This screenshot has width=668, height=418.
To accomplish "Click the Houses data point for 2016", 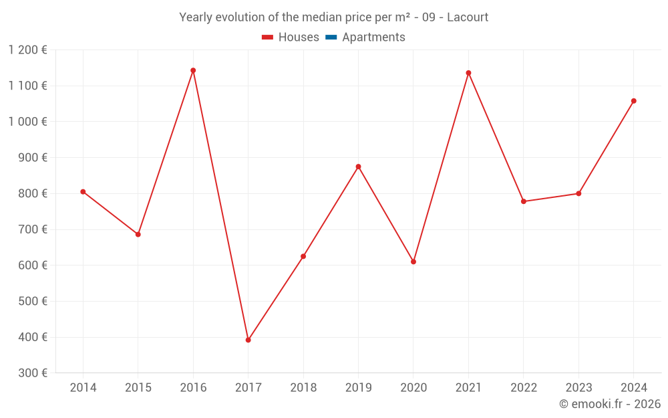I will pyautogui.click(x=193, y=70).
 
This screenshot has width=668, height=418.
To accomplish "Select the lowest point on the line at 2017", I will pyautogui.click(x=248, y=340).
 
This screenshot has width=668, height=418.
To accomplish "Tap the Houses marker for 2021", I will pyautogui.click(x=468, y=73).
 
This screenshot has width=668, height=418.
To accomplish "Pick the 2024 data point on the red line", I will pyautogui.click(x=633, y=101).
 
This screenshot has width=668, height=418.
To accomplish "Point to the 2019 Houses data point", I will pyautogui.click(x=358, y=167).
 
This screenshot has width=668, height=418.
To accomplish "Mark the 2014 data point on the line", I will pyautogui.click(x=83, y=192).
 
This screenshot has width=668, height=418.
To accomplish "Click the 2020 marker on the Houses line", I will pyautogui.click(x=413, y=262).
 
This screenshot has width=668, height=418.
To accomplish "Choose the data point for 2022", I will pyautogui.click(x=524, y=201).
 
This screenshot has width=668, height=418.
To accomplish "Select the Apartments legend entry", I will pyautogui.click(x=373, y=37).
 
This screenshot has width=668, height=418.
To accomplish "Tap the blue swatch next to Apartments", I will pyautogui.click(x=331, y=37).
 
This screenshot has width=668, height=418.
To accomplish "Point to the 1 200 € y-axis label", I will pyautogui.click(x=28, y=49).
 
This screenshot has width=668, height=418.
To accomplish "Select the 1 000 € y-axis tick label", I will pyautogui.click(x=28, y=122).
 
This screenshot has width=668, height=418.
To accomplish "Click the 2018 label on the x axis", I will pyautogui.click(x=303, y=388).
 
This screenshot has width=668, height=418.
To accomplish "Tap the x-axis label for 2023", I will pyautogui.click(x=578, y=388).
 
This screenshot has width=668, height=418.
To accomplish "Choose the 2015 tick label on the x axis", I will pyautogui.click(x=138, y=388).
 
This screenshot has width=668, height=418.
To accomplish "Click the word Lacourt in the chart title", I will pyautogui.click(x=468, y=17).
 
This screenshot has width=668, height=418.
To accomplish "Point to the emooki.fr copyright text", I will pyautogui.click(x=610, y=404).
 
